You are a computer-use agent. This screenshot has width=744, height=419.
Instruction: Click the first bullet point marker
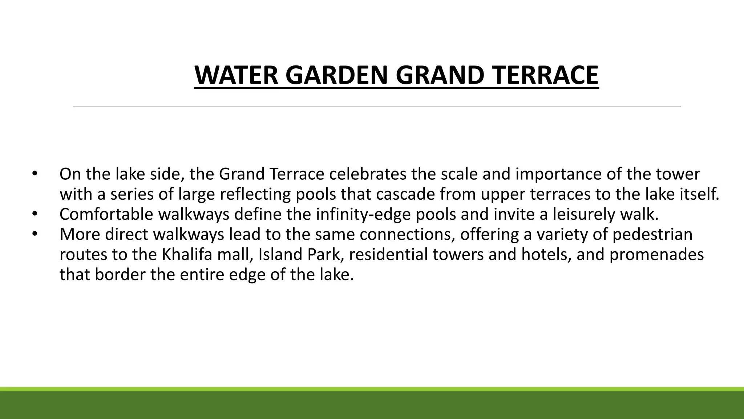tap(35, 173)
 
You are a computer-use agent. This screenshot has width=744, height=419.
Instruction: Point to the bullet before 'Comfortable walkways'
tap(35, 214)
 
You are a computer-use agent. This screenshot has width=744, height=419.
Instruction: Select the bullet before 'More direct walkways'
tap(35, 234)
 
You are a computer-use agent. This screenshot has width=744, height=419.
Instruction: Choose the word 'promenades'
tap(656, 255)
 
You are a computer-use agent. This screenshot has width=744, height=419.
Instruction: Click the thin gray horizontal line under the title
tap(376, 106)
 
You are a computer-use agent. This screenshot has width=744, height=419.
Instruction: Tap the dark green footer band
tap(372, 405)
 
